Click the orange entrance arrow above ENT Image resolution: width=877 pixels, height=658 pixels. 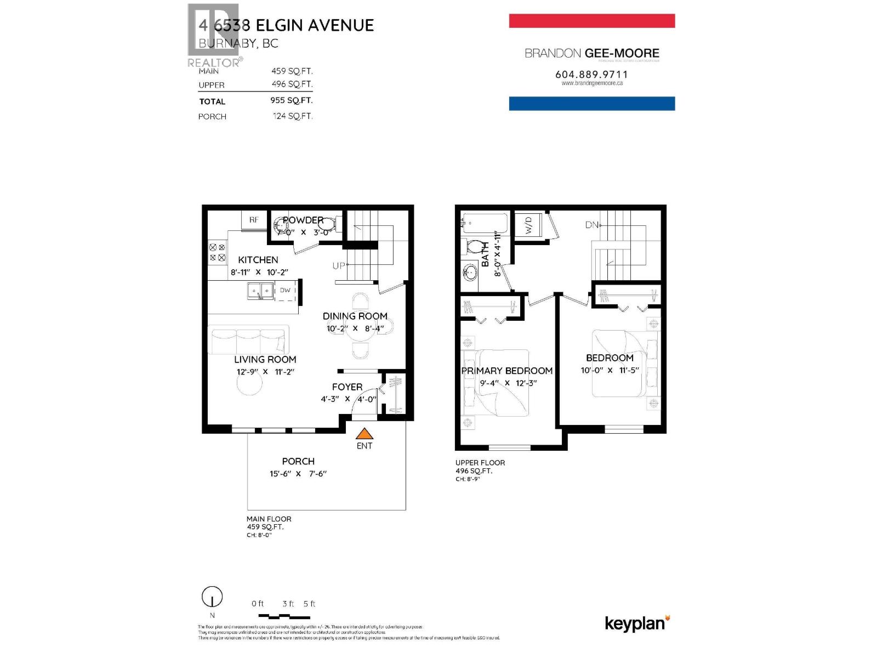tap(364, 434)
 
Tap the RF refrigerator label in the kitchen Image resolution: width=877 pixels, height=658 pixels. tap(254, 220)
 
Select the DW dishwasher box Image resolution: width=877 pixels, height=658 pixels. tap(285, 291)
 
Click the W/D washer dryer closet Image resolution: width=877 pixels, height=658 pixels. tap(529, 224)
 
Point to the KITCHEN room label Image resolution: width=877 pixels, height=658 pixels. tap(258, 260)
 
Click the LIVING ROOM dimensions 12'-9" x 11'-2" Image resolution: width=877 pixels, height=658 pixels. tap(265, 372)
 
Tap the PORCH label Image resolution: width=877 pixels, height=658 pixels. tap(298, 462)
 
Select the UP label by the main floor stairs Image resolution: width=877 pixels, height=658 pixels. tap(339, 266)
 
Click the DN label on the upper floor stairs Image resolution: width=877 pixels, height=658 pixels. tap(591, 225)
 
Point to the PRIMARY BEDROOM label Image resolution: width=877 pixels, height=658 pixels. tap(506, 371)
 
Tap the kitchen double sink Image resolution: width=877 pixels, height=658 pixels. tap(260, 291)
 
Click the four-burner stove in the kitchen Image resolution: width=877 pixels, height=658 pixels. tap(217, 253)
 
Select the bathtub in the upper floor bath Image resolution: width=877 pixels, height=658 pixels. tap(485, 224)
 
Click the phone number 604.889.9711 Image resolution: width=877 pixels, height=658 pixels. tap(591, 75)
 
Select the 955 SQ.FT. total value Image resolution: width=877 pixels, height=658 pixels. tap(291, 101)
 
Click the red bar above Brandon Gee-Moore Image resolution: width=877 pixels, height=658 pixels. tap(591, 21)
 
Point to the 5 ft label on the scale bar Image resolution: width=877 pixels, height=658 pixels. tap(310, 604)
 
